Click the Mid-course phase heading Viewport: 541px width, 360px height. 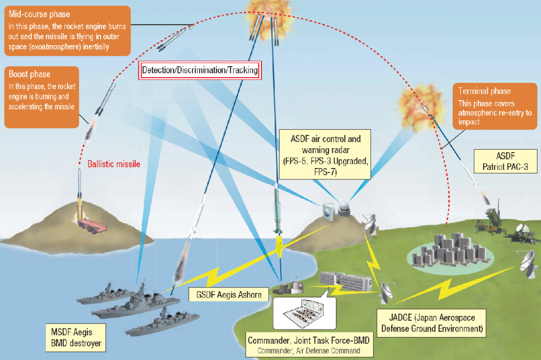point(39,15)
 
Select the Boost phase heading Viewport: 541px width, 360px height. point(30,74)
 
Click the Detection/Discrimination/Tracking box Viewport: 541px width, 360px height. point(200,70)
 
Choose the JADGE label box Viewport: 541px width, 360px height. point(431,322)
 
